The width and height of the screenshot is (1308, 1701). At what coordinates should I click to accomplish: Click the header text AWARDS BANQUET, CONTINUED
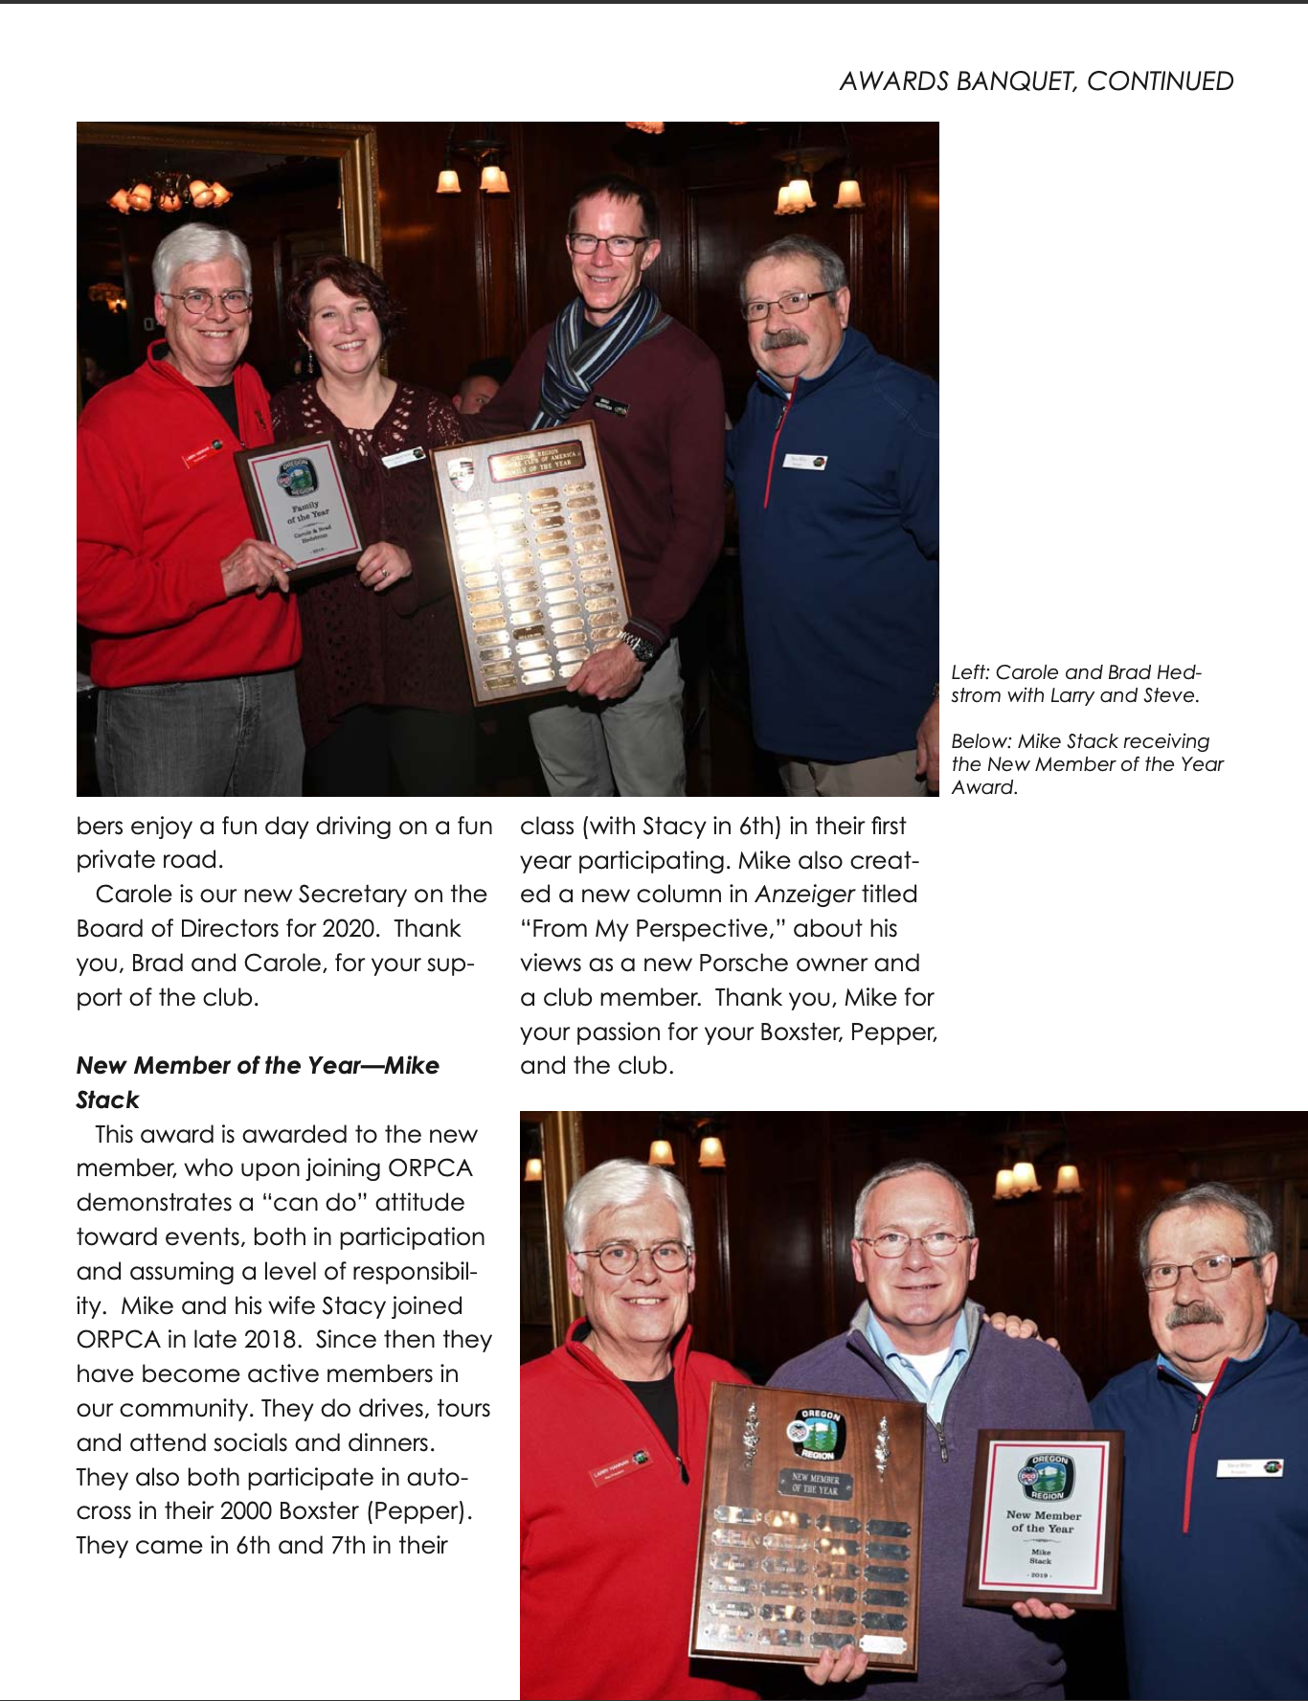(x=1036, y=81)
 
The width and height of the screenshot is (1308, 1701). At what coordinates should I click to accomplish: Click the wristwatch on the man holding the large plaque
(x=640, y=646)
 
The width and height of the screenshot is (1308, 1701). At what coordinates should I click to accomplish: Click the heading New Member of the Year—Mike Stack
(x=257, y=1082)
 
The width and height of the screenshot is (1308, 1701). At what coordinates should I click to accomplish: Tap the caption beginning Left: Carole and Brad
(x=1075, y=684)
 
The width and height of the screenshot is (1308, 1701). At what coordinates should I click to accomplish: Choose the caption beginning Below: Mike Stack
(x=1087, y=763)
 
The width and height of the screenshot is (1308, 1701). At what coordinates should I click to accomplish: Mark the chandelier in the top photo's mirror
(x=169, y=194)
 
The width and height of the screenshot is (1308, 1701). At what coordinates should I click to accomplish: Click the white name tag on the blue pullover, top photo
(x=804, y=462)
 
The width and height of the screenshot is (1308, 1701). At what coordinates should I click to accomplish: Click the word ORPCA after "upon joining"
(x=430, y=1168)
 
